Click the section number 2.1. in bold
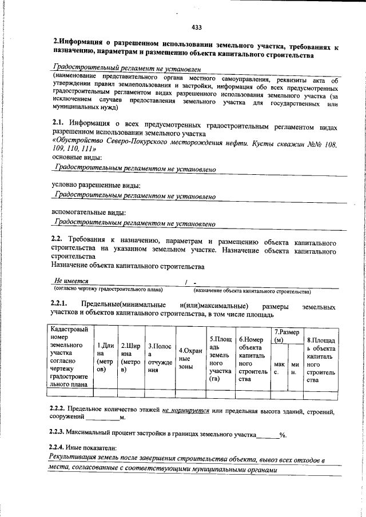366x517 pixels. click(59, 123)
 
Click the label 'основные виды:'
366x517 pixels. click(77, 157)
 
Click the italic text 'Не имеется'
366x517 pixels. click(71, 281)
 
